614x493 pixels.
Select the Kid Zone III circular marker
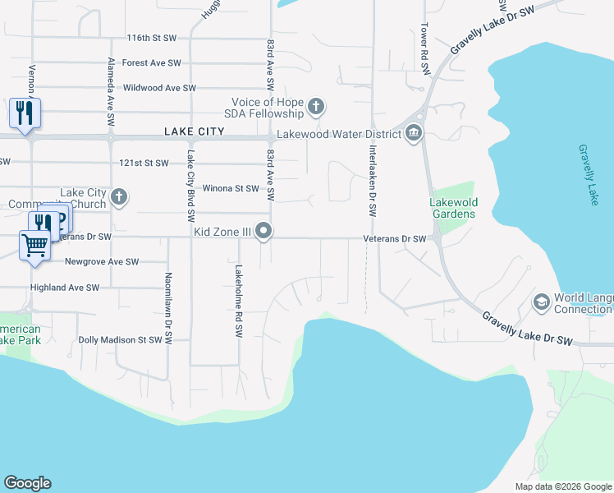263,233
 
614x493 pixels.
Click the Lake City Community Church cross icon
119,197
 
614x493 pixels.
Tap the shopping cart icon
35,245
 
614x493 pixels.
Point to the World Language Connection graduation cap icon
541,302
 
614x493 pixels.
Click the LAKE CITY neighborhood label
194,131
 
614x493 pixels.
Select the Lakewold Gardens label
452,208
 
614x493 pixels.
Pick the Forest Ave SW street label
151,62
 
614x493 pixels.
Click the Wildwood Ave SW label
159,87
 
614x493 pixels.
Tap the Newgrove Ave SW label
102,261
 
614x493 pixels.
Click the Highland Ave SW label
64,288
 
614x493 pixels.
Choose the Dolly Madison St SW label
121,339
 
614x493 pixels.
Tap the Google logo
27,483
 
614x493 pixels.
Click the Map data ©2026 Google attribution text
562,486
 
